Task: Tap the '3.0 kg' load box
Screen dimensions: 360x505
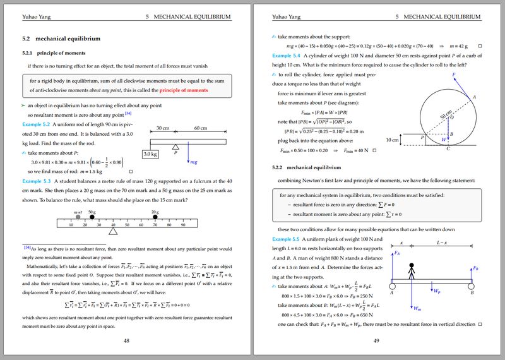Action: coord(150,153)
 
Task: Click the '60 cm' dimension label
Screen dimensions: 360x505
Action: coord(203,128)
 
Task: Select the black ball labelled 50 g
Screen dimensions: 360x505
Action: coord(92,217)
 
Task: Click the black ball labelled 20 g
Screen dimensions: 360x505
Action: coord(155,217)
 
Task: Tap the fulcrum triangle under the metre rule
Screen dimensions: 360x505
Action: coord(113,232)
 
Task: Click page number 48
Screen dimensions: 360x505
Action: coord(126,340)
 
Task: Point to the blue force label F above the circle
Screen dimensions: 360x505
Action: coord(453,75)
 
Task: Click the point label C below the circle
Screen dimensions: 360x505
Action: coord(448,149)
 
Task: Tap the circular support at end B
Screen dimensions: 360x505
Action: coord(472,283)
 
